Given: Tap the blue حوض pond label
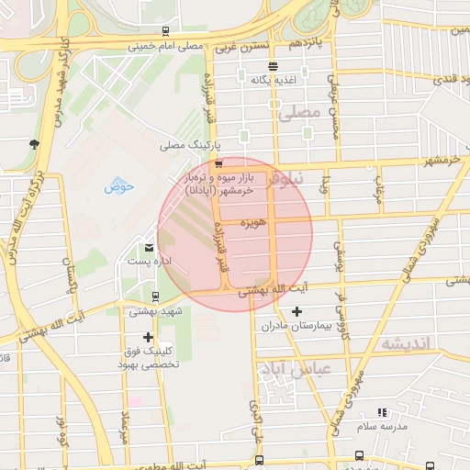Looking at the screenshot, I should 119,187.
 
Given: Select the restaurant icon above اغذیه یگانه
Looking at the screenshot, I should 273,66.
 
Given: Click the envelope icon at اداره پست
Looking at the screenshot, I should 149,248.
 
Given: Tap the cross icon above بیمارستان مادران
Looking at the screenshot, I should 296,312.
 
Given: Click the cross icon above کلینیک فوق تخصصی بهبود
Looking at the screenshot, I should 148,337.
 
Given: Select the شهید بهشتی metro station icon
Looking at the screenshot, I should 154,297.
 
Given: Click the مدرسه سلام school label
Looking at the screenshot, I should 381,428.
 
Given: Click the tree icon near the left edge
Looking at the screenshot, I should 34,143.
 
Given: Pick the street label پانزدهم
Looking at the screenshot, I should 307,43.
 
